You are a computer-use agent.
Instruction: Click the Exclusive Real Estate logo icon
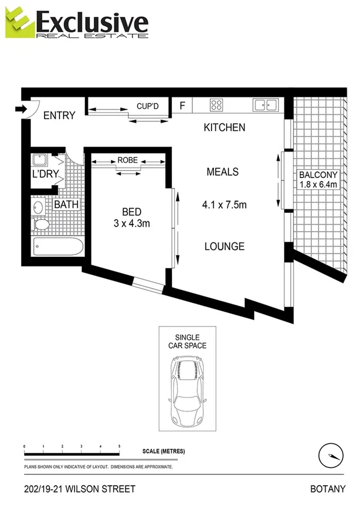[18, 23]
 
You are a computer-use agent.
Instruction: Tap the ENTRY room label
[59, 115]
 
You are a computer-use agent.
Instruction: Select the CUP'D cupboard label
[147, 106]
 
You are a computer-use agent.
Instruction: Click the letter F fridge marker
[182, 105]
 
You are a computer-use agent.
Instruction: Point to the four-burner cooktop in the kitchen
[216, 105]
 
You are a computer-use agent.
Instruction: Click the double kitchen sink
[265, 105]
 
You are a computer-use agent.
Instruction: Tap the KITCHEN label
[224, 127]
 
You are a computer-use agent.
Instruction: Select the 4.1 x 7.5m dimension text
[224, 205]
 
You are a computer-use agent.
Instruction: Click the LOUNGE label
[224, 246]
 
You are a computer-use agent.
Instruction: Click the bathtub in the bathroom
[58, 247]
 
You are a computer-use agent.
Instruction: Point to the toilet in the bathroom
[41, 225]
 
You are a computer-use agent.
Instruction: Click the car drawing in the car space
[188, 390]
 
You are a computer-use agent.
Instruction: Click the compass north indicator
[331, 455]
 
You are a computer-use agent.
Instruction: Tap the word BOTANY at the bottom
[328, 489]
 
